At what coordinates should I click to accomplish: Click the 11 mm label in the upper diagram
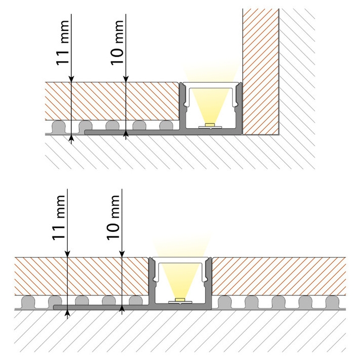coord(62,43)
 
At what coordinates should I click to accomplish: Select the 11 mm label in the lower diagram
coord(58,218)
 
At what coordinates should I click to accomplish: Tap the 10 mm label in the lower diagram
coord(113,218)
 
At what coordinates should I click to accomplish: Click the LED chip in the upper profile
coord(210,125)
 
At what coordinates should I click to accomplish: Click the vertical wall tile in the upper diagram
coord(261,72)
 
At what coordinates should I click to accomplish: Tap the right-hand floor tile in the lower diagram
coord(279,276)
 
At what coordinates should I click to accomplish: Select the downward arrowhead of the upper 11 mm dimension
coord(71,79)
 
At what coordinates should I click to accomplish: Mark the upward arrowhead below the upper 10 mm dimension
coord(126,133)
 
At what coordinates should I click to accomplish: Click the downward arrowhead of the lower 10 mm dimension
coord(122,254)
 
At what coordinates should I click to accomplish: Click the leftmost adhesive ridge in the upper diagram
coord(59,127)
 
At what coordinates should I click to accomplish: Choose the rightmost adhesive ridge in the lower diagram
coord(332,302)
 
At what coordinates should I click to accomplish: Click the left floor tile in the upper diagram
coord(112,101)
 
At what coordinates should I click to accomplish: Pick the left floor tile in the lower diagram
coord(81,276)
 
